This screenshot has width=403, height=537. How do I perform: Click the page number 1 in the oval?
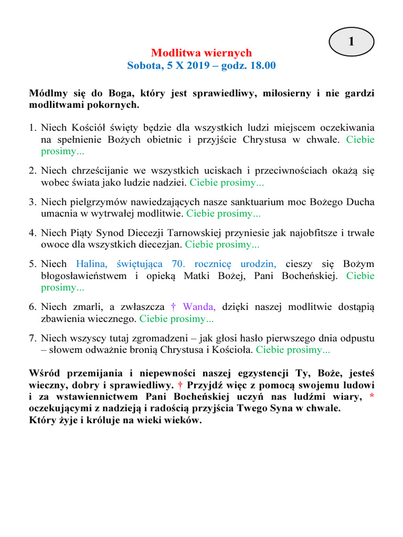pos(351,42)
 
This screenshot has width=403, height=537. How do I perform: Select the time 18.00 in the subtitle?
pos(261,66)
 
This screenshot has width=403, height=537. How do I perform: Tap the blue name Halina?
pos(91,264)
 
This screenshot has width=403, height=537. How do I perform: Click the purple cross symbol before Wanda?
pos(174,307)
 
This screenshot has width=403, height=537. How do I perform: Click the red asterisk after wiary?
pos(372,396)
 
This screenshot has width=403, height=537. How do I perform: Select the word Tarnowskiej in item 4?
pos(195,233)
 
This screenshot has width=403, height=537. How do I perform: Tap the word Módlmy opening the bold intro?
pos(46,93)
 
